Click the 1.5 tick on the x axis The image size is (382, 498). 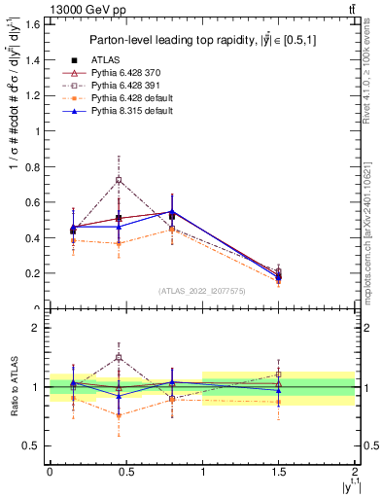point(279,473)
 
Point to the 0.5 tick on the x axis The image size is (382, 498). point(126,473)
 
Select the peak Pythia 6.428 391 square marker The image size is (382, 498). point(119,180)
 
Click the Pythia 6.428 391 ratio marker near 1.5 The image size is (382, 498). point(279,374)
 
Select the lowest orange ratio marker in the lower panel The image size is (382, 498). point(119,415)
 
